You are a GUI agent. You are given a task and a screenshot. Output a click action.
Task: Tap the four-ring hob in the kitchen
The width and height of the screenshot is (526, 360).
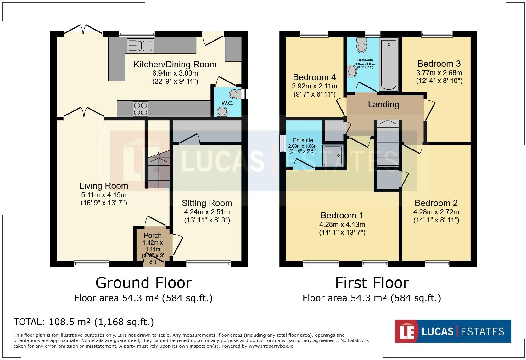pyautogui.click(x=141, y=109)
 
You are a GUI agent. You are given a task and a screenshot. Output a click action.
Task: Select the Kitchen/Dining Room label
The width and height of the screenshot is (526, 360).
pyautogui.click(x=175, y=65)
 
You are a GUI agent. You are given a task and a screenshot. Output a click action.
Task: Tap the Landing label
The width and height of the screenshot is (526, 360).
pyautogui.click(x=383, y=104)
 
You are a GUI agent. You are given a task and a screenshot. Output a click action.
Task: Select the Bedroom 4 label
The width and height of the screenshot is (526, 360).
pyautogui.click(x=314, y=77)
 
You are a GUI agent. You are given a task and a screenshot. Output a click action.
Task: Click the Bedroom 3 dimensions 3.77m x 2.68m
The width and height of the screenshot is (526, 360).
pyautogui.click(x=439, y=73)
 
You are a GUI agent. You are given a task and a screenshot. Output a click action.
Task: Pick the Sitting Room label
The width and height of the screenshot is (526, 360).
pyautogui.click(x=207, y=203)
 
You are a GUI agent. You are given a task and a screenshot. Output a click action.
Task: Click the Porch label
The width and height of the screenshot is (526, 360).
pyautogui.click(x=153, y=235)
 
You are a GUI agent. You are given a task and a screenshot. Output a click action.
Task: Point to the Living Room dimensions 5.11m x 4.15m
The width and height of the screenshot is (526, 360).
pyautogui.click(x=104, y=195)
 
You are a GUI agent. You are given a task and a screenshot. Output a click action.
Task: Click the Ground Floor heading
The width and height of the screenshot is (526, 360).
pyautogui.click(x=143, y=283)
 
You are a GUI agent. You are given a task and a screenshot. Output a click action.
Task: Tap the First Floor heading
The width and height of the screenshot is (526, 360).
pyautogui.click(x=372, y=283)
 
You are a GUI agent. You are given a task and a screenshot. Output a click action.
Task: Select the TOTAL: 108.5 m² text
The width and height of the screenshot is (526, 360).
pyautogui.click(x=84, y=322)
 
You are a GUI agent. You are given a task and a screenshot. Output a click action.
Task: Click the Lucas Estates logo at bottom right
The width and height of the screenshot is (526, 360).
pyautogui.click(x=453, y=331)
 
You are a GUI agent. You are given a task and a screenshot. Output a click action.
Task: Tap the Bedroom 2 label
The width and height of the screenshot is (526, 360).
pyautogui.click(x=436, y=203)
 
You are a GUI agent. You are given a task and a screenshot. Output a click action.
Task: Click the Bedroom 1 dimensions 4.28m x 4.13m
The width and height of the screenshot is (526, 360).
pyautogui.click(x=342, y=225)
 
